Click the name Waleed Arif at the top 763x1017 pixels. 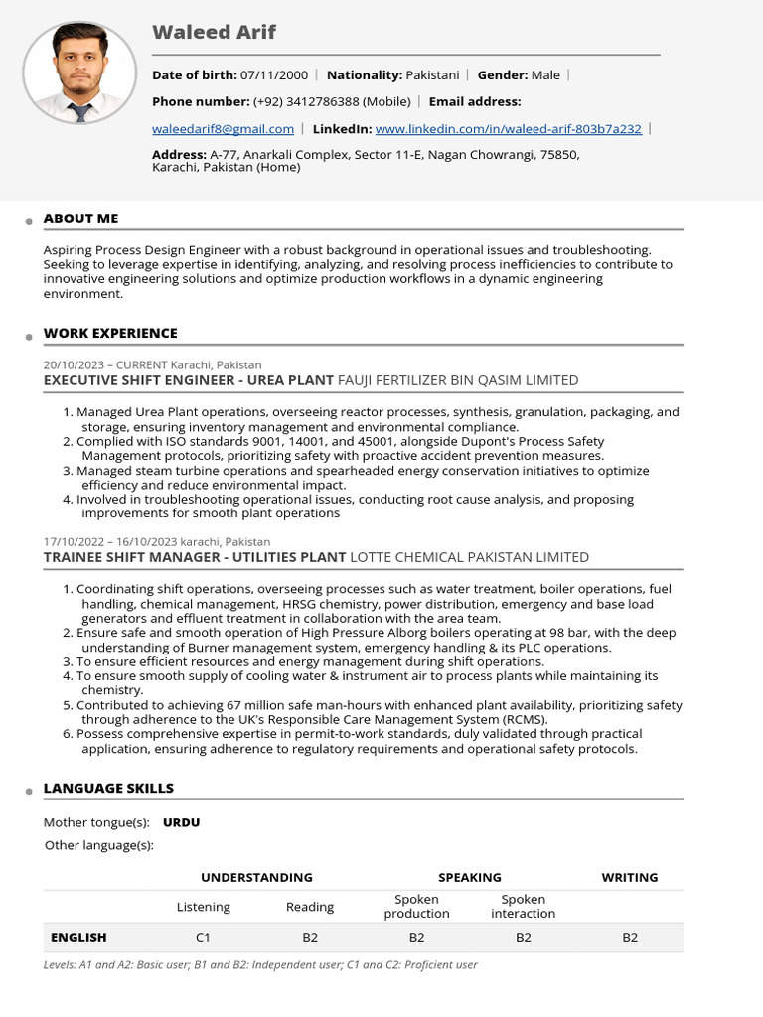(x=214, y=33)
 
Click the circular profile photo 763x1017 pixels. (x=79, y=73)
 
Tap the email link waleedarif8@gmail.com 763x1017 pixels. (x=223, y=129)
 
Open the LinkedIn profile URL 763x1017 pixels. (x=508, y=129)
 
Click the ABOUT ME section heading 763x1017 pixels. (x=80, y=218)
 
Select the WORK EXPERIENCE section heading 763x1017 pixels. (x=110, y=333)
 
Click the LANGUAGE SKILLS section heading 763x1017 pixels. (x=108, y=788)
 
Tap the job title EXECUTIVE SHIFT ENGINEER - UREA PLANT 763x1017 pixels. (x=189, y=380)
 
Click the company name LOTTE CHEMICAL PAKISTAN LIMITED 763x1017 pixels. (x=470, y=557)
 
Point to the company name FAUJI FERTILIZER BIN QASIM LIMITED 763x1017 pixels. (x=458, y=380)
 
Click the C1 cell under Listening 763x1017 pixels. (x=203, y=937)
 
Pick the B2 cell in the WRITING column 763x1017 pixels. (x=629, y=937)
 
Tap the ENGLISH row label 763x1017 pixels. (x=78, y=937)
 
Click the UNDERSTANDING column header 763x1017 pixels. (x=256, y=878)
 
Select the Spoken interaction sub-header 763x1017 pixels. (x=523, y=906)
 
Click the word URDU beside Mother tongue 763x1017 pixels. (x=181, y=822)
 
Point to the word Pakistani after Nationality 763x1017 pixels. (x=432, y=75)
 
